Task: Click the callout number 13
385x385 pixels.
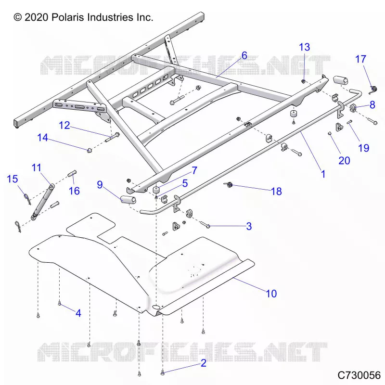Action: (305, 47)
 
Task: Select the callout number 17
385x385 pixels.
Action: (360, 59)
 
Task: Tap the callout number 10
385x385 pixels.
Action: (271, 294)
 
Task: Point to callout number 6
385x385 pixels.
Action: (244, 55)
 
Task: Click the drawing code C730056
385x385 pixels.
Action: (359, 375)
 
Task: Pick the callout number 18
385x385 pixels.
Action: (276, 191)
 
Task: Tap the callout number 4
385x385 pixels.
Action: (78, 313)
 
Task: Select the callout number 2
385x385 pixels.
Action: (204, 363)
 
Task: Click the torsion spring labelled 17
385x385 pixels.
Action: (373, 90)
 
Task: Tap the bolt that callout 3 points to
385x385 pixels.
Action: (205, 224)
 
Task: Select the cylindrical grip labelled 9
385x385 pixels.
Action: (128, 200)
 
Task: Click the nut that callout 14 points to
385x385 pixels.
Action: (90, 150)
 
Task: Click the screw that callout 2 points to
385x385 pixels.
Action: (162, 373)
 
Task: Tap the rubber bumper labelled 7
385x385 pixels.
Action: (156, 190)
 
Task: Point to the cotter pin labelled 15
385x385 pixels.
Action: (27, 199)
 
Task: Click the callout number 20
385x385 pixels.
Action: (344, 161)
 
